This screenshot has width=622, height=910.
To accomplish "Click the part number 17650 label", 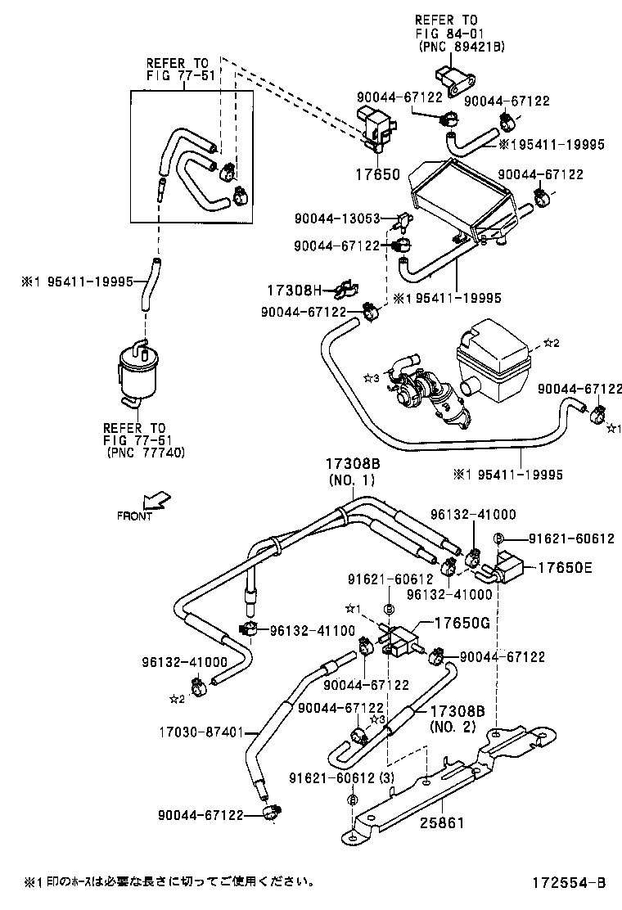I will coord(376,175).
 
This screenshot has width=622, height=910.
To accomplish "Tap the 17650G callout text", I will coord(461,622).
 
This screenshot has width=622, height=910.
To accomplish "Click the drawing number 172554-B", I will coord(566,881).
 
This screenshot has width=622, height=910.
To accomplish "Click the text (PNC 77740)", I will coord(144,453).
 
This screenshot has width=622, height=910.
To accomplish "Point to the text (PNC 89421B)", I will coord(461,47).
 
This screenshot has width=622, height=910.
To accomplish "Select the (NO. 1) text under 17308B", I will coord(352,480).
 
